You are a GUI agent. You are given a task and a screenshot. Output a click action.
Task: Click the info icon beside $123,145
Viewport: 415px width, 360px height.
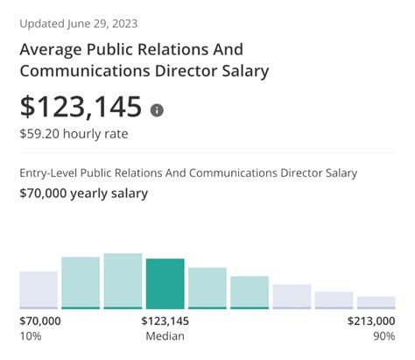tap(157, 110)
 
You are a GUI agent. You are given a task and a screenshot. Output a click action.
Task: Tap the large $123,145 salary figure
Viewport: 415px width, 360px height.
tap(81, 107)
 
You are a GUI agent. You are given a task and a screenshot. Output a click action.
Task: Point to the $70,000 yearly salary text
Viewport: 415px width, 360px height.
tap(84, 194)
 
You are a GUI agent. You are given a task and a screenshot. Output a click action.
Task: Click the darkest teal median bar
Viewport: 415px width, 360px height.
tap(165, 283)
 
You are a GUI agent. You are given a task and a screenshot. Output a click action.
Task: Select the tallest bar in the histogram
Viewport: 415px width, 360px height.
tap(123, 280)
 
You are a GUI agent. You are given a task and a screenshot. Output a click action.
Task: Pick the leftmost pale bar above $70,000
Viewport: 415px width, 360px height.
tap(39, 289)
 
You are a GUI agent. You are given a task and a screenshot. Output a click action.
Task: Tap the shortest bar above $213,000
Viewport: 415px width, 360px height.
tap(376, 302)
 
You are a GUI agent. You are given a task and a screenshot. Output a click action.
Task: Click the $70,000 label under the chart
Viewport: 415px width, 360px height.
tap(40, 321)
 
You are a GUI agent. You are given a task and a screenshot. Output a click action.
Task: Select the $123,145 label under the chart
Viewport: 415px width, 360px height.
tap(165, 321)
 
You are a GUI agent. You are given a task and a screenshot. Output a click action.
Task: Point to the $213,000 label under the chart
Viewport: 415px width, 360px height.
tap(372, 321)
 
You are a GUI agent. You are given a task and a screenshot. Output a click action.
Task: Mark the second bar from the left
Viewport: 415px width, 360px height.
tap(81, 282)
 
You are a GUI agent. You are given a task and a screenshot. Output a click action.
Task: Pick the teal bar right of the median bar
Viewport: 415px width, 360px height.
tap(207, 287)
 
